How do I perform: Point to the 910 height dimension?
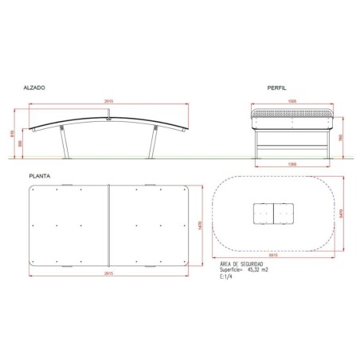tap(13, 133)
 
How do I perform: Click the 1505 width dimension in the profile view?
tap(293, 102)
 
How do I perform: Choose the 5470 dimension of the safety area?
tap(342, 213)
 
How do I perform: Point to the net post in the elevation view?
tap(109, 116)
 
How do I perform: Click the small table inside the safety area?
tap(272, 213)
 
